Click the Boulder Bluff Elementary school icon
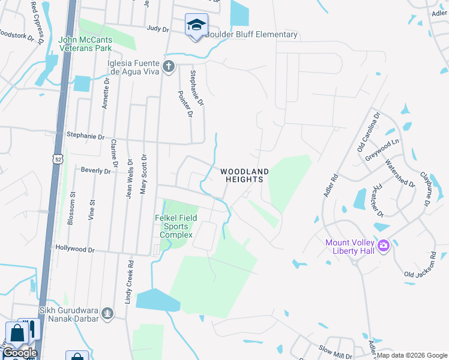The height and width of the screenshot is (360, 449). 196,26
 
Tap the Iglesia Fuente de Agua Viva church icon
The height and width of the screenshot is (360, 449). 169,66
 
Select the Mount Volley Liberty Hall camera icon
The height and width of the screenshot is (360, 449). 384,245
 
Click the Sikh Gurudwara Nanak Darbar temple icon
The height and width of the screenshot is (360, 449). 107,313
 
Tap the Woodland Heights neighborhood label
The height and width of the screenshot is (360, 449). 244,175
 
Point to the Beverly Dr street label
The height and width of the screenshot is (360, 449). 96,171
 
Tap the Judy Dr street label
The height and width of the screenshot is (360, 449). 158,28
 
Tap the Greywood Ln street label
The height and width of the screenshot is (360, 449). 382,150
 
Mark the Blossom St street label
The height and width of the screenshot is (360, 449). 71,207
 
